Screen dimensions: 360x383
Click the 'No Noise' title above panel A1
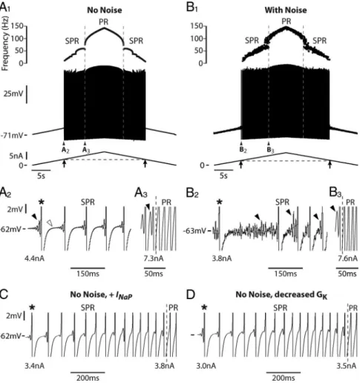tap(105, 10)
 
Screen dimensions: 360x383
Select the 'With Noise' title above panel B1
tap(286, 10)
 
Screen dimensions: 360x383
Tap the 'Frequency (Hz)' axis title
tap(4, 44)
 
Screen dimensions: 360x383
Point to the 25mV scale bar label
tap(13, 94)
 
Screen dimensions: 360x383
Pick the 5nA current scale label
tap(16, 156)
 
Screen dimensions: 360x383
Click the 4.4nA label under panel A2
tap(34, 259)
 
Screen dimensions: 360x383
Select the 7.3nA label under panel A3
tap(154, 259)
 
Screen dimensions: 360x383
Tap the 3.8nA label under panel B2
tap(222, 259)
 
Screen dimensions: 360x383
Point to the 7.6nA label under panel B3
tap(347, 259)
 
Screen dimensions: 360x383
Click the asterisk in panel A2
tap(42, 203)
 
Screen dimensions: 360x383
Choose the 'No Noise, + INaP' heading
tap(101, 295)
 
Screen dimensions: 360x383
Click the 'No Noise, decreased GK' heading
tap(281, 295)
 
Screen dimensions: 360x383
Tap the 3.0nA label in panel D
tap(206, 366)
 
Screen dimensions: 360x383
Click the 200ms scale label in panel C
tap(88, 379)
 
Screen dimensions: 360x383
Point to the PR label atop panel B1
tap(287, 22)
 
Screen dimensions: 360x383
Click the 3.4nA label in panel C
tap(34, 366)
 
